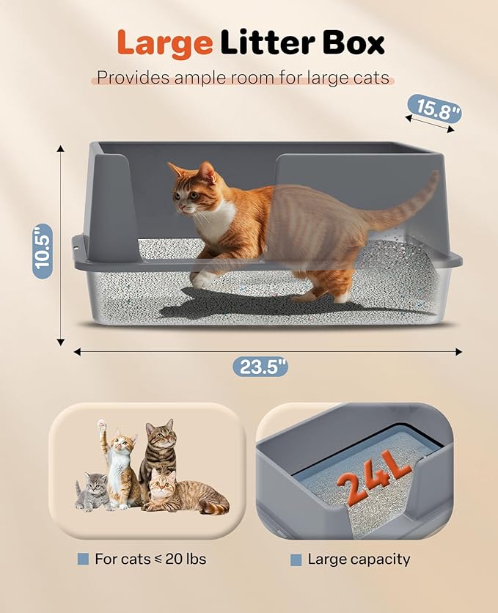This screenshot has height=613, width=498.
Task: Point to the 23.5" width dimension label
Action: click(x=260, y=366)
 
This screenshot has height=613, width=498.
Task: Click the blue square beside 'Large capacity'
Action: click(x=296, y=559)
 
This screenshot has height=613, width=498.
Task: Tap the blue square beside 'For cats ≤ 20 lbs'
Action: click(x=83, y=559)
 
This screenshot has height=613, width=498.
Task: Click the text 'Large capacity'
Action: click(x=359, y=559)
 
